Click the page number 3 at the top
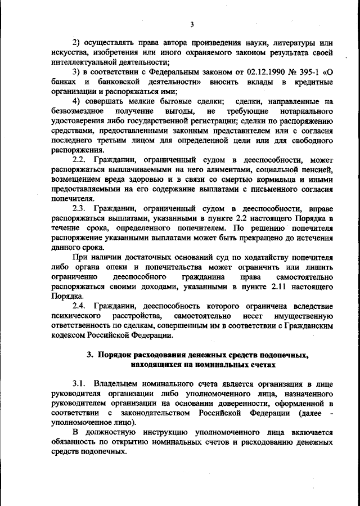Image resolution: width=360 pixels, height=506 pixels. tap(191, 24)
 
